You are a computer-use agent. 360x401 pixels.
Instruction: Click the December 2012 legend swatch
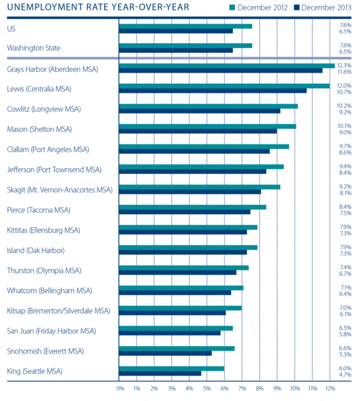coord(233,7)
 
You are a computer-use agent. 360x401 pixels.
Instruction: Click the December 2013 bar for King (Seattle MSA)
coord(160,374)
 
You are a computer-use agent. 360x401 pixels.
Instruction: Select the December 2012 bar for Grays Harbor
coord(227,65)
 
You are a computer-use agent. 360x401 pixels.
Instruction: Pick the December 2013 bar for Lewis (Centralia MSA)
coord(213,91)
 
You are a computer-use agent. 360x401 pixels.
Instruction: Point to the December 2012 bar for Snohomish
coord(177,348)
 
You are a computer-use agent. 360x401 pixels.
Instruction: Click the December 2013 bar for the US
coord(176,31)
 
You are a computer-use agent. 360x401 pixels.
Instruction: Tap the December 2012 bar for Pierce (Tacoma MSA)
coord(193,207)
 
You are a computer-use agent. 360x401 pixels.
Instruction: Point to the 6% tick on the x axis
coord(224,389)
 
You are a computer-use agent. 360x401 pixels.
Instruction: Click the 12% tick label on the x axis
coord(330,389)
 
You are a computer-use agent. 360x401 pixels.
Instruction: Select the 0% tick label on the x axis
coord(120,389)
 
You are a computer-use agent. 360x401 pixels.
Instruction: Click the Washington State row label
coord(34,48)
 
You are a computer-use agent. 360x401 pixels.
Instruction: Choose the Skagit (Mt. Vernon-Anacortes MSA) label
coord(60,189)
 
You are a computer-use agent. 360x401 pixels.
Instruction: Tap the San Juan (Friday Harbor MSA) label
coord(52,331)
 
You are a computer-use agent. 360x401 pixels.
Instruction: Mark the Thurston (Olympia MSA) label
coord(44,271)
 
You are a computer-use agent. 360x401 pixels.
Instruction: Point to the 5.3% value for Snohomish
coord(345,354)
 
